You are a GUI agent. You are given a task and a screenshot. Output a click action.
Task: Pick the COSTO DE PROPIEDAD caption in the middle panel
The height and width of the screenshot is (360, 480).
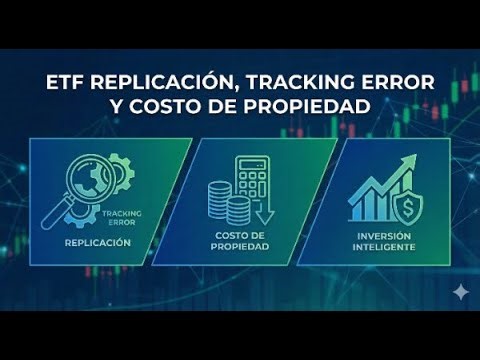tap(240, 242)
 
